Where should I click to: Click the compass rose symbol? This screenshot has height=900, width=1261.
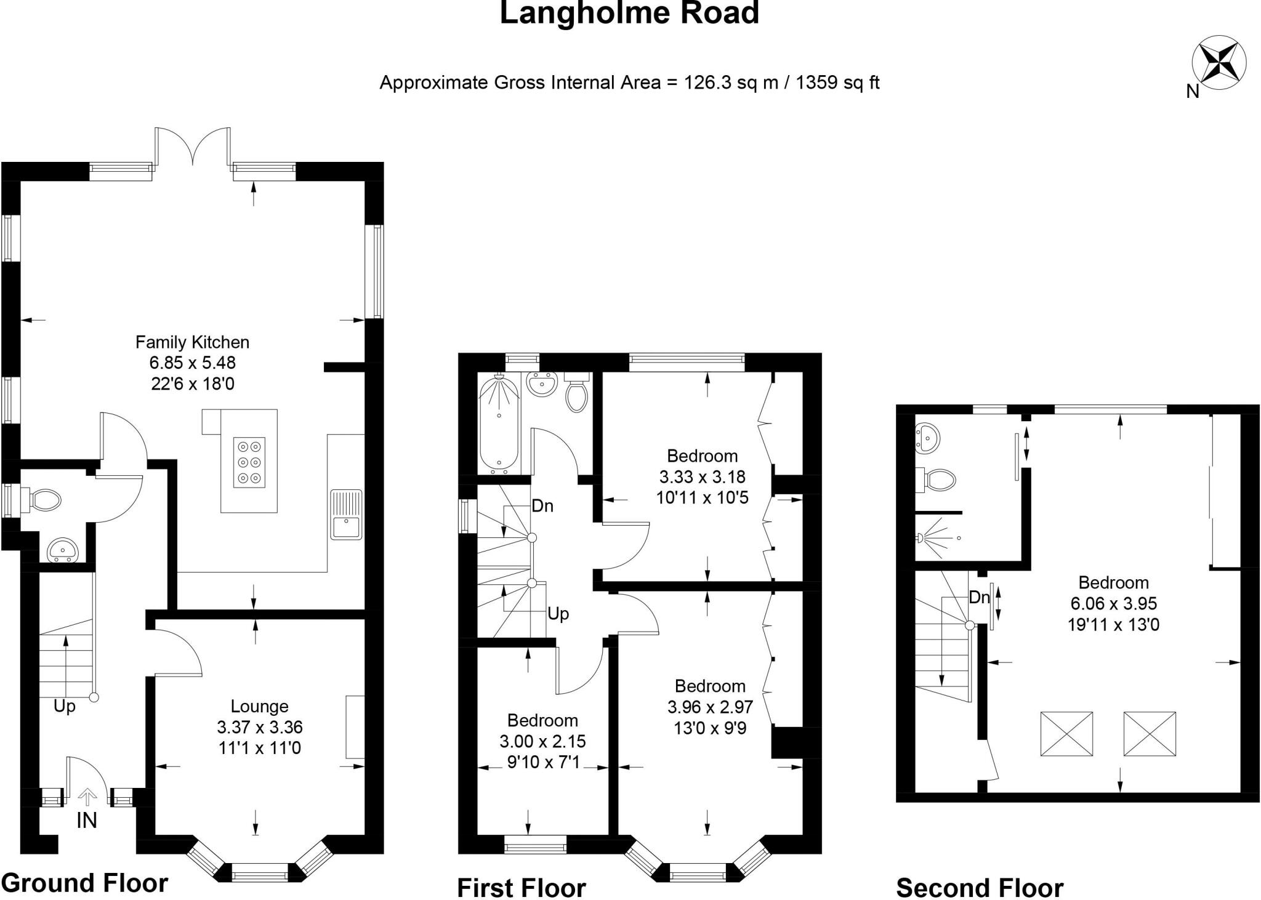click(x=1219, y=63)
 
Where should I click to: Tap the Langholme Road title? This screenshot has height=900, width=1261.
click(x=629, y=14)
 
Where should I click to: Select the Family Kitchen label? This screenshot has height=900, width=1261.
click(x=192, y=342)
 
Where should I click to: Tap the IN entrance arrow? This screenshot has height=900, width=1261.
click(x=87, y=798)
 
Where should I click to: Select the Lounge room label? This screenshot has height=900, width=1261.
click(x=259, y=706)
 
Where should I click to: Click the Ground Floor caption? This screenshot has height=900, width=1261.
click(x=84, y=883)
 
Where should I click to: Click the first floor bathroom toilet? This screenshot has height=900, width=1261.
click(x=576, y=394)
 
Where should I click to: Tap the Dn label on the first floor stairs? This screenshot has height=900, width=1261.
click(x=542, y=506)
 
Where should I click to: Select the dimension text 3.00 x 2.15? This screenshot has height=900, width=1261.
click(x=542, y=741)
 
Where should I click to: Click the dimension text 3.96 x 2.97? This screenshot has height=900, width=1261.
click(x=710, y=707)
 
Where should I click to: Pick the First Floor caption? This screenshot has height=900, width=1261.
click(x=522, y=888)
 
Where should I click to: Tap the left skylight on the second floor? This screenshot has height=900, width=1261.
click(x=1066, y=734)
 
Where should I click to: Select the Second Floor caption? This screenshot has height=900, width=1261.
click(x=980, y=888)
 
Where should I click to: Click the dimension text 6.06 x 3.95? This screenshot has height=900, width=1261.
click(x=1113, y=604)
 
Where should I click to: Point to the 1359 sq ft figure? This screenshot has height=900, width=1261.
click(x=837, y=82)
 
